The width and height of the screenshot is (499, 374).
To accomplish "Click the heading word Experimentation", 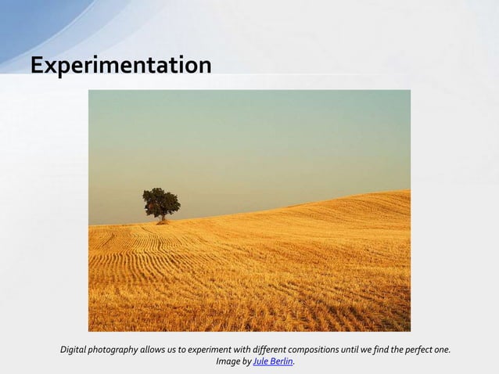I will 120,66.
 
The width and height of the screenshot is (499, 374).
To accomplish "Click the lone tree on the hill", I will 161,204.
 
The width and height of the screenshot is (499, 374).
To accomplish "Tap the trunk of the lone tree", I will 163,218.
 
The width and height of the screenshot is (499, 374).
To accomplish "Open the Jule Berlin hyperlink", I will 272,361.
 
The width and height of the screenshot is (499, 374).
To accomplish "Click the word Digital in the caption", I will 75,349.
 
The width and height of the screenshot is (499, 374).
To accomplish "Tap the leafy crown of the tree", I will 161,200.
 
